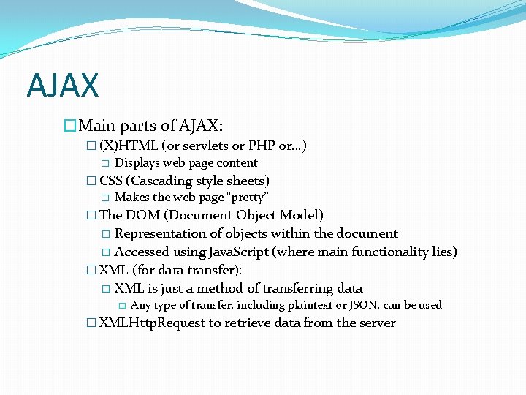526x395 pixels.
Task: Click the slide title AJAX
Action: tap(62, 85)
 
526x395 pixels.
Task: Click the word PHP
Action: tap(261, 146)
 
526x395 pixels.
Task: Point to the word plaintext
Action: tap(301, 305)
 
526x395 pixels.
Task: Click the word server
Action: tap(377, 323)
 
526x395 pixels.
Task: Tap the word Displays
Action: tap(137, 163)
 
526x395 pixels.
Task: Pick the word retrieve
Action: tap(247, 323)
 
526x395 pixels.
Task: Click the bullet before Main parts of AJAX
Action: tap(70, 127)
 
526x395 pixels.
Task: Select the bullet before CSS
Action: tap(91, 181)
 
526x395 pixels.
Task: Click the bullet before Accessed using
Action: tap(106, 252)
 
